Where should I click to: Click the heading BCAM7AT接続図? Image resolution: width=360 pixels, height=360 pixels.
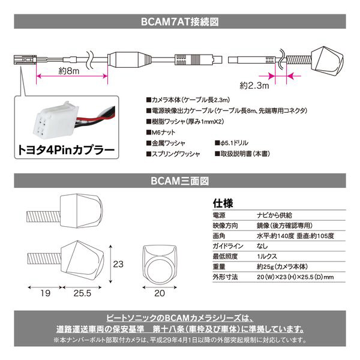[x=180, y=22]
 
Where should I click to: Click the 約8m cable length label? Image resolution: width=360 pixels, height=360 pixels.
[x=69, y=70]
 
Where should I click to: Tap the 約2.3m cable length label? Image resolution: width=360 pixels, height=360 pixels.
[x=254, y=85]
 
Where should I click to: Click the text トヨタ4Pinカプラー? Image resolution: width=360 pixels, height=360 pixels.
[x=67, y=150]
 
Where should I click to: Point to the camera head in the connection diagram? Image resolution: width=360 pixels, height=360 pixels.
[x=327, y=61]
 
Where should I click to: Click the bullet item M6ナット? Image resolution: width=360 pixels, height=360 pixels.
[x=161, y=132]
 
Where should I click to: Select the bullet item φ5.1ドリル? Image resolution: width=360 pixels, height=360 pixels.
[x=232, y=143]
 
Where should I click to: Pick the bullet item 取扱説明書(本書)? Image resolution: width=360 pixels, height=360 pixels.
[x=242, y=154]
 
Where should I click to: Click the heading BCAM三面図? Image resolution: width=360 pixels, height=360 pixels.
[x=180, y=181]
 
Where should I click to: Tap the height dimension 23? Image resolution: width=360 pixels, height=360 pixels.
[x=118, y=264]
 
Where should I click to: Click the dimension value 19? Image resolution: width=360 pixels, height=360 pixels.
[x=45, y=293]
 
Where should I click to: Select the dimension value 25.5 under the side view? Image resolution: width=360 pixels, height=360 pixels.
[x=82, y=293]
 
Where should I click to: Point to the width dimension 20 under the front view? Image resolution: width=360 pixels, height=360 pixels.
[x=160, y=293]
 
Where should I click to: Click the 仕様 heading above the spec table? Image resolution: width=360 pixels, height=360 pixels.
[x=223, y=203]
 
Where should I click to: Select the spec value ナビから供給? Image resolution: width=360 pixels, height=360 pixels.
[x=274, y=215]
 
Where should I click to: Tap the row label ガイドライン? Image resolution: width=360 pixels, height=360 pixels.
[x=228, y=246]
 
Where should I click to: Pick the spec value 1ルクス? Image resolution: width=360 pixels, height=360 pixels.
[x=267, y=256]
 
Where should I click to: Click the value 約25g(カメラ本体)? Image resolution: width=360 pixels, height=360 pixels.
[x=282, y=266]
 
